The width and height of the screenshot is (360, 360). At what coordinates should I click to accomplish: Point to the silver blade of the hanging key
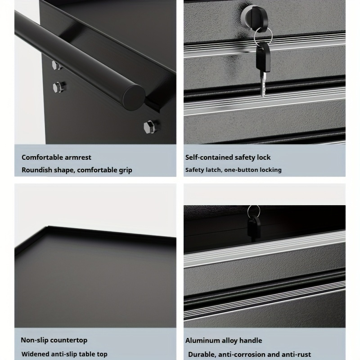pyautogui.click(x=264, y=83)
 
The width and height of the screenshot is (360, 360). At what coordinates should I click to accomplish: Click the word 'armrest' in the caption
pyautogui.click(x=78, y=157)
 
